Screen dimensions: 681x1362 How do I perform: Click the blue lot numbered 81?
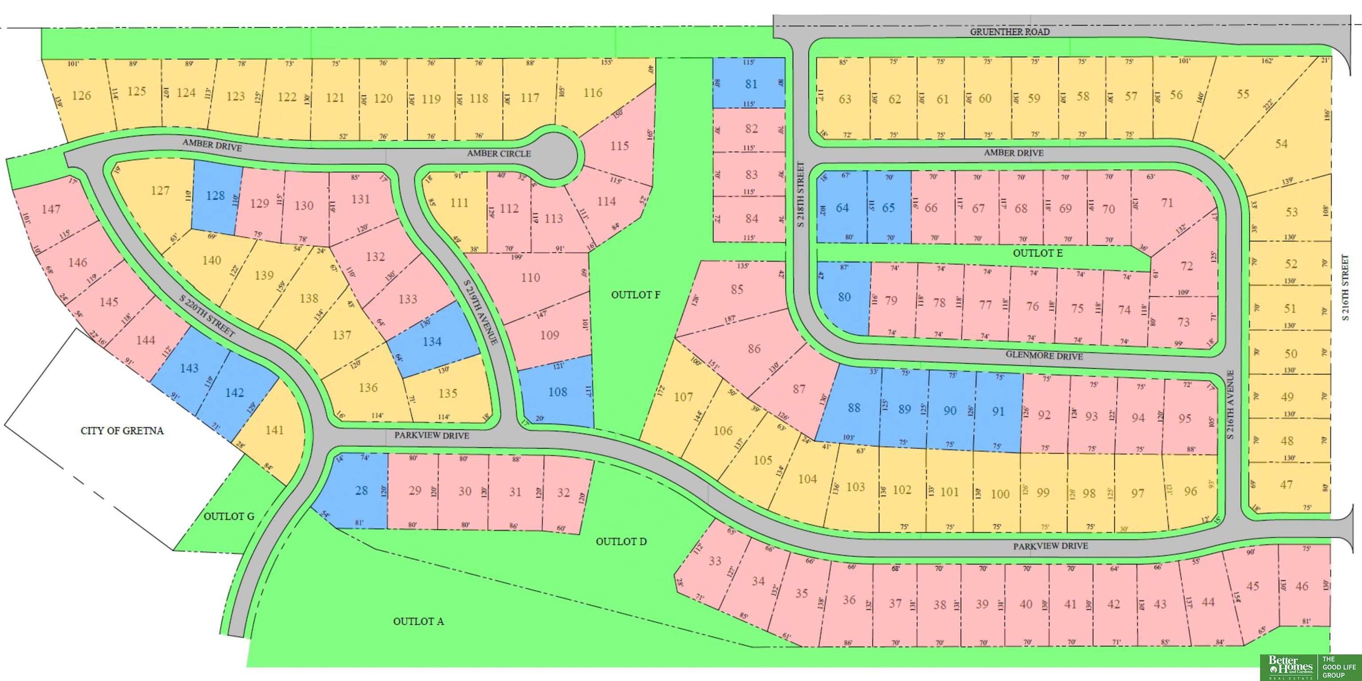click(x=751, y=83)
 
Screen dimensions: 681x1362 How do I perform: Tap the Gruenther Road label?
click(x=1010, y=32)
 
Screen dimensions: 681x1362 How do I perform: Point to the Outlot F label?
click(x=635, y=294)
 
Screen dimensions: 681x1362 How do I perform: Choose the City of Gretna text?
click(x=122, y=431)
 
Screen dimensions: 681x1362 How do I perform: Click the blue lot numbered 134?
click(x=431, y=341)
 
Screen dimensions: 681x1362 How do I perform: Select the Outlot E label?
click(x=1037, y=253)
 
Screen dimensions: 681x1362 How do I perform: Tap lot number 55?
click(x=1242, y=94)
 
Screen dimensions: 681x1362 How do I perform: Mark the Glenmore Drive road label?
click(x=1044, y=356)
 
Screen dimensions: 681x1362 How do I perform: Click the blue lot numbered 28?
click(x=361, y=490)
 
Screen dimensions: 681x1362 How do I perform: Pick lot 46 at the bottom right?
click(x=1302, y=586)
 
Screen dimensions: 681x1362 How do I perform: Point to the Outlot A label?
click(x=418, y=621)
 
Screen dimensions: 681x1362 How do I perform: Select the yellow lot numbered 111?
click(x=459, y=203)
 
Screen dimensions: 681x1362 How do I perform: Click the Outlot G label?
click(x=229, y=516)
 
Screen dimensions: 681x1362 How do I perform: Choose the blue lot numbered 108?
click(x=557, y=392)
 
